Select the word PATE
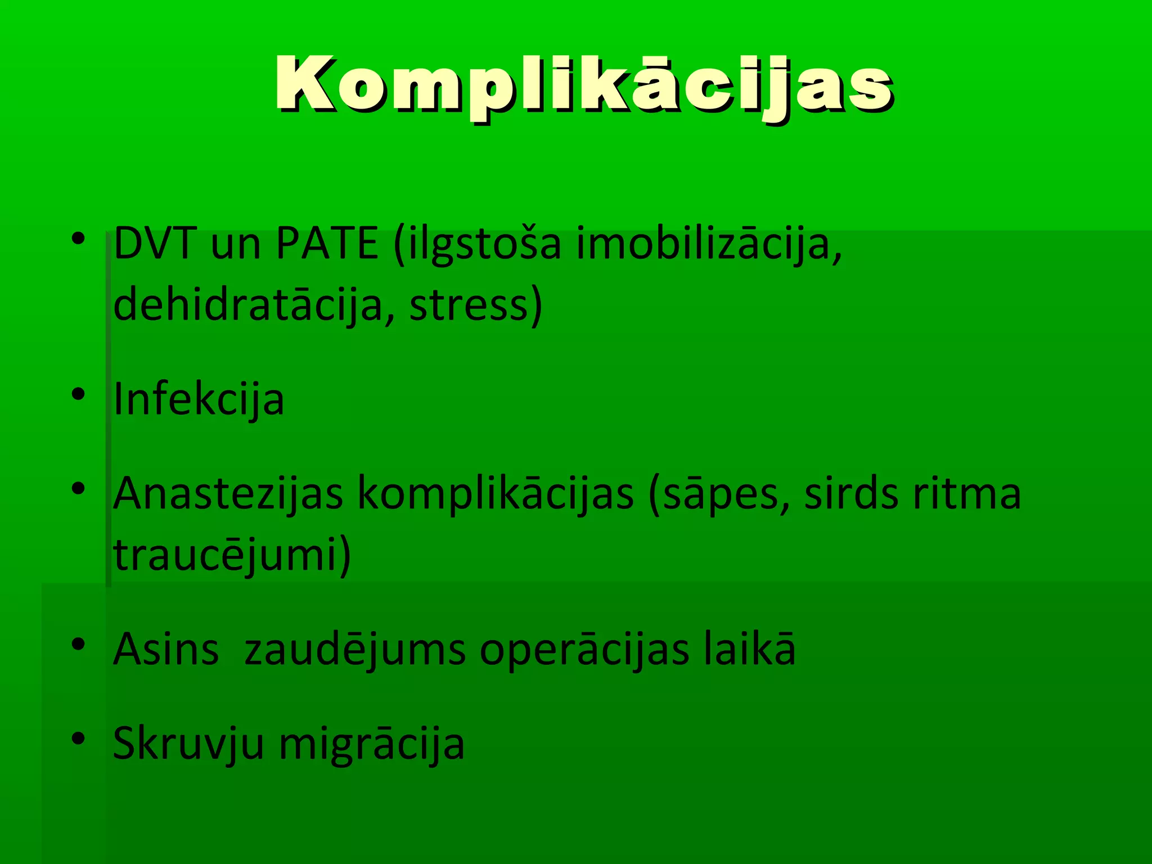tap(327, 244)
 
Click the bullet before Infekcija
tap(78, 394)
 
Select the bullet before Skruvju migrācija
tap(78, 737)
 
